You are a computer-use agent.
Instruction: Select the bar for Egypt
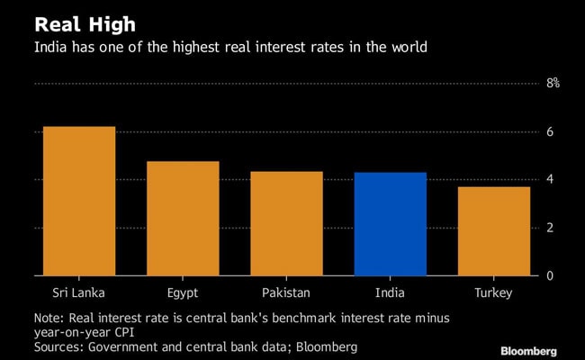[183, 218]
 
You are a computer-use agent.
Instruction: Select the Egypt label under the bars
[183, 293]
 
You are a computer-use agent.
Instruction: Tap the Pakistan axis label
[286, 293]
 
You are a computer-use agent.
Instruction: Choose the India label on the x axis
[390, 293]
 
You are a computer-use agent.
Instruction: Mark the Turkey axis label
[493, 293]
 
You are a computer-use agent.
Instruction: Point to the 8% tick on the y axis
[552, 84]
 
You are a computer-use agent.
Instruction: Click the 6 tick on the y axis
[549, 132]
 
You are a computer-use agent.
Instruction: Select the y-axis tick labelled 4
[549, 180]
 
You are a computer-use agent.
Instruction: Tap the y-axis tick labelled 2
[549, 228]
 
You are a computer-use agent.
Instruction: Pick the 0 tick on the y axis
[549, 275]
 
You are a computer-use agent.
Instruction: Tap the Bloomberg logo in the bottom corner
[527, 350]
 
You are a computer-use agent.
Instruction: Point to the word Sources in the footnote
[59, 345]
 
